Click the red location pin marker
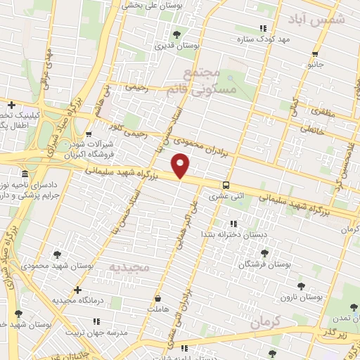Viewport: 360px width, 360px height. tap(181, 165)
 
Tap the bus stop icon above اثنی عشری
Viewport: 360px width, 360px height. tap(225, 186)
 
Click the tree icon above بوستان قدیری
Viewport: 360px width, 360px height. tap(177, 34)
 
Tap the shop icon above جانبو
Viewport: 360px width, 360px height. tap(316, 53)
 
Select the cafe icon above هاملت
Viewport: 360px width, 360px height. tap(157, 297)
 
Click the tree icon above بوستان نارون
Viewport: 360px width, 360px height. tap(302, 286)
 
